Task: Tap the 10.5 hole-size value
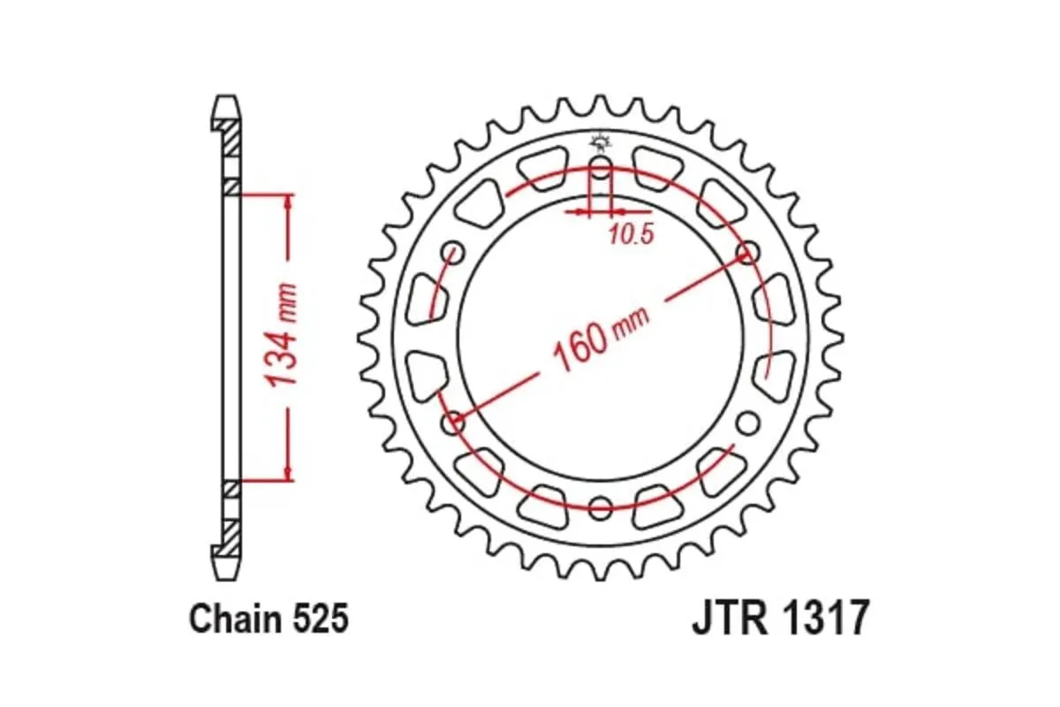pyautogui.click(x=631, y=235)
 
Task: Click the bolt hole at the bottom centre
pyautogui.click(x=600, y=507)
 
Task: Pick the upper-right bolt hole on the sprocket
pyautogui.click(x=747, y=254)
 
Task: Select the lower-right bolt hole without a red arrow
pyautogui.click(x=747, y=423)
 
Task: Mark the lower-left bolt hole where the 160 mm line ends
pyautogui.click(x=454, y=422)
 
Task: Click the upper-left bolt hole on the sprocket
pyautogui.click(x=454, y=254)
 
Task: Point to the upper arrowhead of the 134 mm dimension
pyautogui.click(x=287, y=201)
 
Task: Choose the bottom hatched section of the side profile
pyautogui.click(x=230, y=535)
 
